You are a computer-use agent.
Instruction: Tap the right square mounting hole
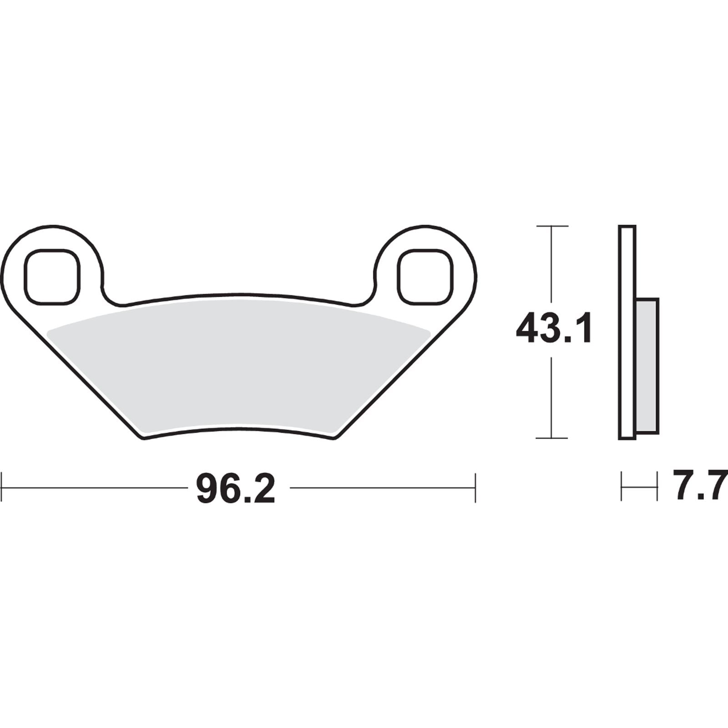tap(425, 276)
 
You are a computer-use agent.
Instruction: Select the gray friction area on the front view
tap(239, 364)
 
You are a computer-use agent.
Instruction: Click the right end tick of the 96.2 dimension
tap(475, 488)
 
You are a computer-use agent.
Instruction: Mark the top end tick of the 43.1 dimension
tap(552, 226)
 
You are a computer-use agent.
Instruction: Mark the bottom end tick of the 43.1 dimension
tap(552, 438)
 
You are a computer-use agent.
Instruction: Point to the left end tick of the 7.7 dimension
tap(622, 487)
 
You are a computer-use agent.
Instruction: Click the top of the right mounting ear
tap(425, 226)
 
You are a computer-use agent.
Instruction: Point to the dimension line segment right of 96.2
tap(382, 488)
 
